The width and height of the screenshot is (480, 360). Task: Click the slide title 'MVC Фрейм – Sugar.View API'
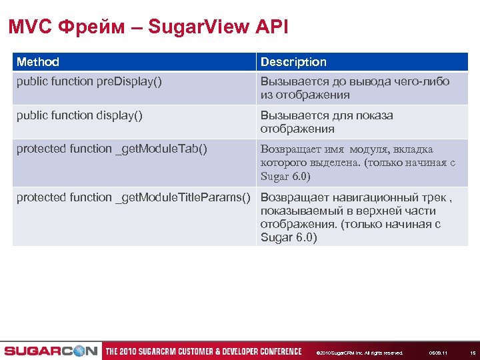pyautogui.click(x=148, y=27)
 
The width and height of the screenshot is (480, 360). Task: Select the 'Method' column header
pyautogui.click(x=38, y=62)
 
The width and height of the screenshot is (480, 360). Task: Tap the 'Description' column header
pyautogui.click(x=293, y=62)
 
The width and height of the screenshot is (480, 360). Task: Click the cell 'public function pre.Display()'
pyautogui.click(x=89, y=81)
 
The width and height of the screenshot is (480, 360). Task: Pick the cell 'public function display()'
pyautogui.click(x=79, y=115)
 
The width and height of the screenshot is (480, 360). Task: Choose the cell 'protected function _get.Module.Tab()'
pyautogui.click(x=111, y=149)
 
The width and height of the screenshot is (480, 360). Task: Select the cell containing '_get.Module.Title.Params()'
pyautogui.click(x=133, y=197)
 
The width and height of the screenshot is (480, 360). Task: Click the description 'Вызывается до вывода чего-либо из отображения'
pyautogui.click(x=355, y=88)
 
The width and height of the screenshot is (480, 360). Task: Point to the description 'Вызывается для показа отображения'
pyautogui.click(x=327, y=122)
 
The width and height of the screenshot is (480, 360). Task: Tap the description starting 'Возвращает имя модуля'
pyautogui.click(x=357, y=163)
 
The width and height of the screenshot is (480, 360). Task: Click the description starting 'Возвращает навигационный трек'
pyautogui.click(x=357, y=217)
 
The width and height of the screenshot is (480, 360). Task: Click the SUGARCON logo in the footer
pyautogui.click(x=51, y=351)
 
